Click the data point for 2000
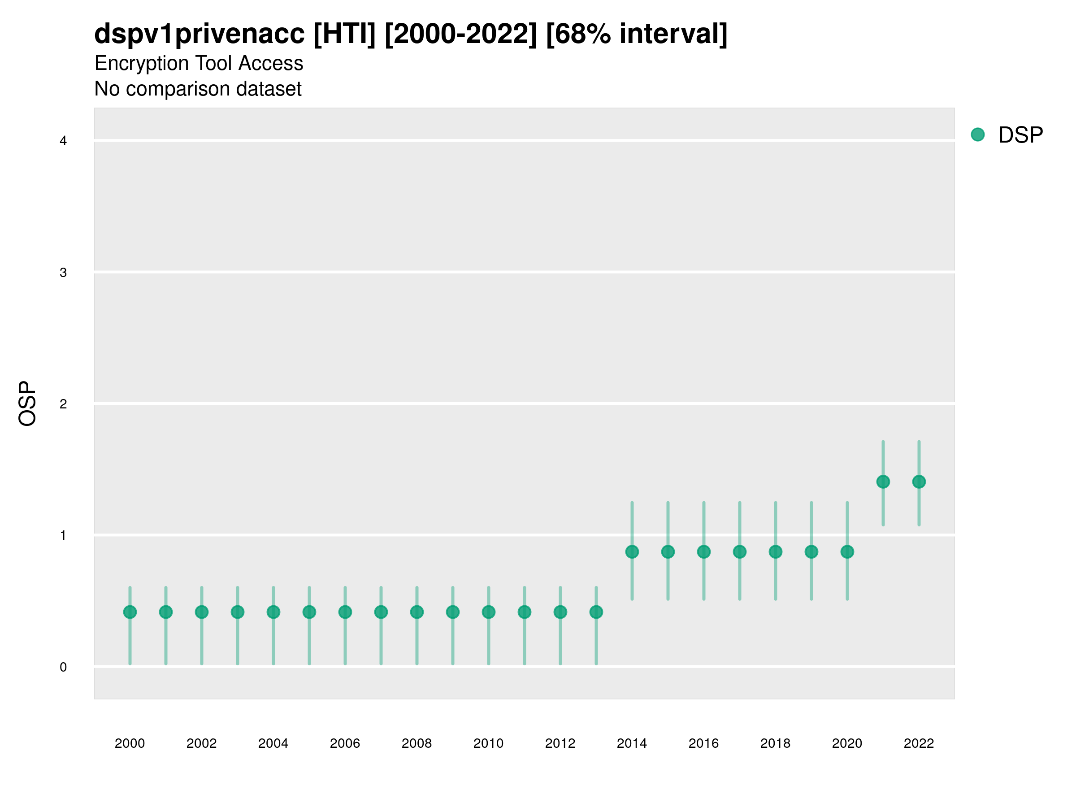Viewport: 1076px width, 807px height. click(130, 612)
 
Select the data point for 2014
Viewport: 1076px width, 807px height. click(632, 551)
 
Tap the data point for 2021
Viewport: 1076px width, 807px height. click(883, 482)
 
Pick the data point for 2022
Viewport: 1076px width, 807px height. click(919, 482)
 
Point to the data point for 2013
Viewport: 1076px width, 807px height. click(596, 612)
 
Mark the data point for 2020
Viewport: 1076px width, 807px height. click(847, 551)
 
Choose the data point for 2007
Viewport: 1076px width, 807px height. click(381, 612)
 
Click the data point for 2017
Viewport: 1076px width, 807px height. click(739, 551)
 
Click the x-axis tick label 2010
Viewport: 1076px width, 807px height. click(488, 743)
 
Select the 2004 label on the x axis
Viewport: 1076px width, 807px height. click(273, 743)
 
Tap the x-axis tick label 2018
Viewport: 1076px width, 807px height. click(775, 743)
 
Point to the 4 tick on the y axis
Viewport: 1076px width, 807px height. click(63, 141)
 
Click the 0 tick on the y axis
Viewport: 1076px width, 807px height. click(63, 667)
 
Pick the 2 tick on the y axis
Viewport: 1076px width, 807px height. click(63, 404)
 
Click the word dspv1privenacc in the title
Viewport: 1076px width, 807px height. click(200, 34)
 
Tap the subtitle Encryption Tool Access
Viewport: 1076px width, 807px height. click(199, 63)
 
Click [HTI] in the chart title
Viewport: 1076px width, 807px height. click(344, 34)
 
